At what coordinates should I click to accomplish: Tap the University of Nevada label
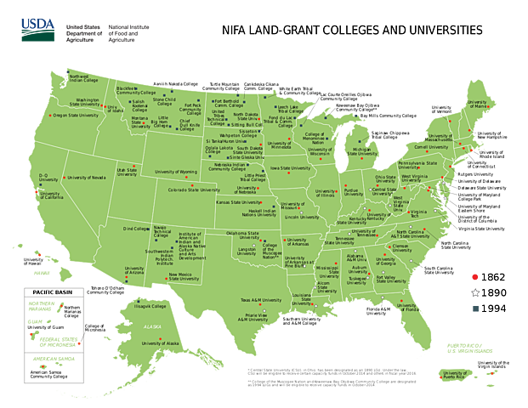point(86,178)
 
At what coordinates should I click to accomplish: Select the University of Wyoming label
point(176,172)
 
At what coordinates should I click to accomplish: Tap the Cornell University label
point(431,146)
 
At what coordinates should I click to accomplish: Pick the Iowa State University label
point(290,168)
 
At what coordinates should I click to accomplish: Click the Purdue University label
point(350,193)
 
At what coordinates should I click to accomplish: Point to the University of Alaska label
point(162,343)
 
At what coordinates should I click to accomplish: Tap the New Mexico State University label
point(185,277)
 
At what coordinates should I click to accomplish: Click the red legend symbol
point(474,276)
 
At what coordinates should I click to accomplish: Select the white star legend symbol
point(474,292)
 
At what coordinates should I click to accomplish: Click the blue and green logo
point(35,31)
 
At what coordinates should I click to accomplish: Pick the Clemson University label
point(400,248)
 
